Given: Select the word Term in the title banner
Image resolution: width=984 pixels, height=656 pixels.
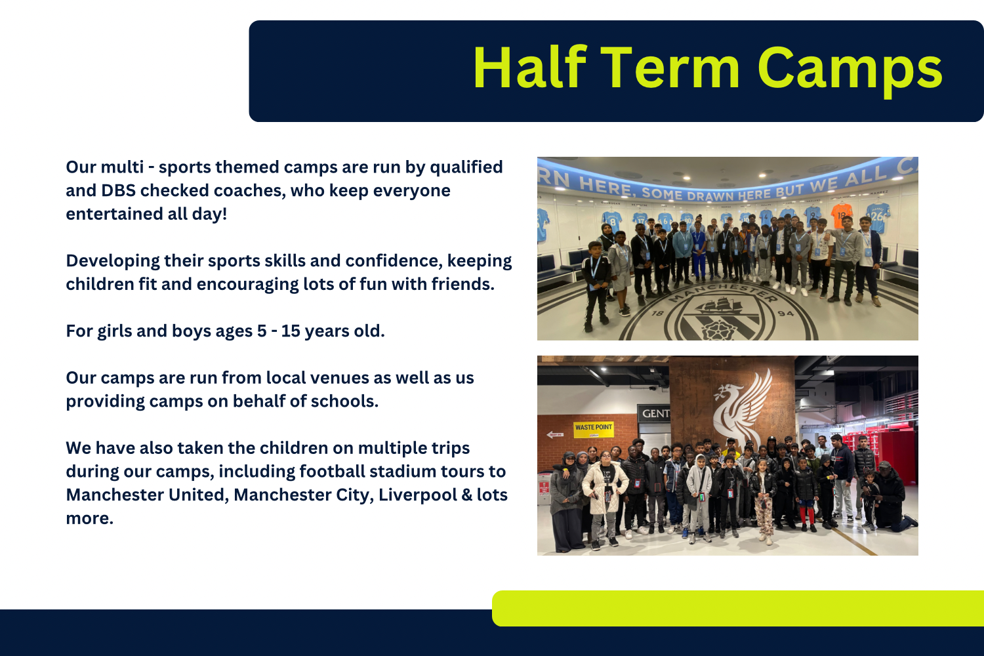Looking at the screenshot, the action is tap(670, 68).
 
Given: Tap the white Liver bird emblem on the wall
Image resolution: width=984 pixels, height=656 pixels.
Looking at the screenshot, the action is tap(742, 407).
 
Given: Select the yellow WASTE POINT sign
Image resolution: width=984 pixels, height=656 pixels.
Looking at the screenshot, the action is tap(594, 429).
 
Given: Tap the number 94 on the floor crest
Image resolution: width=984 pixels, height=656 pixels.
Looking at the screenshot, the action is tap(786, 314).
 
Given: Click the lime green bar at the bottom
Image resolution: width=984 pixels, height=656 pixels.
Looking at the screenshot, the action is tap(737, 608).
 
